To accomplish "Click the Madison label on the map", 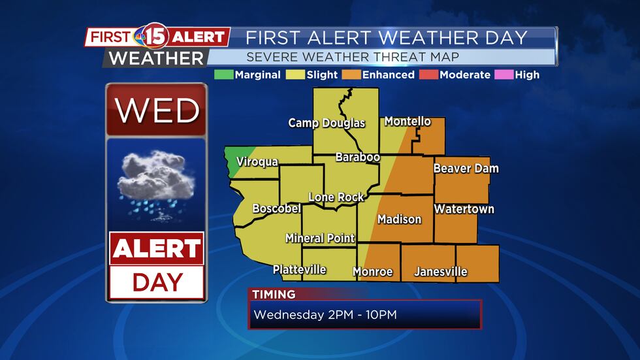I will click(399, 220).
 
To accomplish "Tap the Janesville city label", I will click(441, 272).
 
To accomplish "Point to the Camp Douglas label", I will click(327, 123).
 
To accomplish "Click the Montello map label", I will click(408, 122).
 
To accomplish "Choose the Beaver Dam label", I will click(466, 169).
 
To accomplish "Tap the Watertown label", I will click(464, 209).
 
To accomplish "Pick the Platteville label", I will click(299, 269).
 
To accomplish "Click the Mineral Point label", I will click(320, 238).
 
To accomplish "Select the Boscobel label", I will click(276, 209).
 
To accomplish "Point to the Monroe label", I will click(372, 272).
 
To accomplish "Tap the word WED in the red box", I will click(157, 111).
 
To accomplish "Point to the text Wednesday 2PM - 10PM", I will click(325, 315).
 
